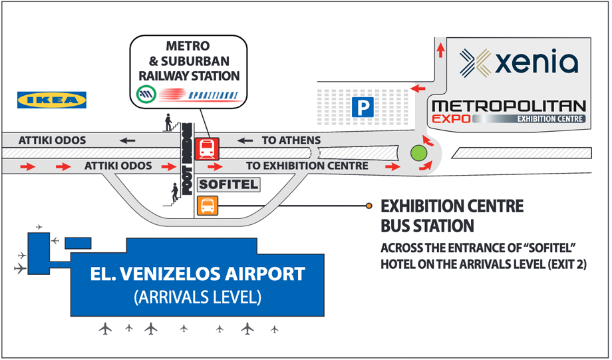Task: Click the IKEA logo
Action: [x=52, y=100]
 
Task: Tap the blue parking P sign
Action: [x=364, y=106]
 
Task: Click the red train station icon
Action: [x=208, y=148]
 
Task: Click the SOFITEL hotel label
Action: [x=229, y=184]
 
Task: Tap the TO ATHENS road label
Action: [x=291, y=140]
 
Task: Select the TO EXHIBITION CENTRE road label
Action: [x=307, y=166]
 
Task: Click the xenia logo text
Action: [x=537, y=63]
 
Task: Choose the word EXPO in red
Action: [x=452, y=119]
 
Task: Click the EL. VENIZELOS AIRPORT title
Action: [x=198, y=273]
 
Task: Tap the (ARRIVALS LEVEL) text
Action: [x=198, y=297]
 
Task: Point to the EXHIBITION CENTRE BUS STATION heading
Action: [x=452, y=216]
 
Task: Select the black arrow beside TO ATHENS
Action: [x=246, y=140]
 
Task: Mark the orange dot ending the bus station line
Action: [x=369, y=206]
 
